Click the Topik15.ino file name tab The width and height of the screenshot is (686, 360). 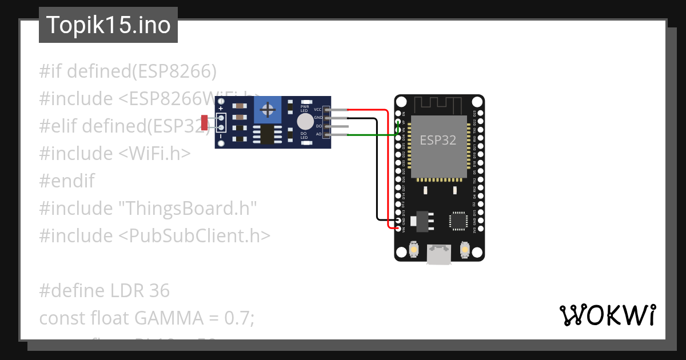(x=108, y=25)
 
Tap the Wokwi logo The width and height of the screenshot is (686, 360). (x=607, y=315)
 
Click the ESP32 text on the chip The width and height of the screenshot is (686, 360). (x=437, y=140)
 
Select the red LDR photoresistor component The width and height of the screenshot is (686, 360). (x=205, y=123)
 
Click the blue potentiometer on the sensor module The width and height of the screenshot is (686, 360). (x=266, y=107)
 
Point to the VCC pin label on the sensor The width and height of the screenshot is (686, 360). (x=318, y=109)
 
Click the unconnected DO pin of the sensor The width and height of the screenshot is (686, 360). (x=337, y=126)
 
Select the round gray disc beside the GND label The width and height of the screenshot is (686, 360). (x=305, y=121)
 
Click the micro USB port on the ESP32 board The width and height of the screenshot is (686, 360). (x=439, y=254)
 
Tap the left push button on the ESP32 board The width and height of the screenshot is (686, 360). (x=414, y=250)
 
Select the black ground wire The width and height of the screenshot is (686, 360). (x=376, y=171)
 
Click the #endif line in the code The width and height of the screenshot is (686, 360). (x=67, y=181)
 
